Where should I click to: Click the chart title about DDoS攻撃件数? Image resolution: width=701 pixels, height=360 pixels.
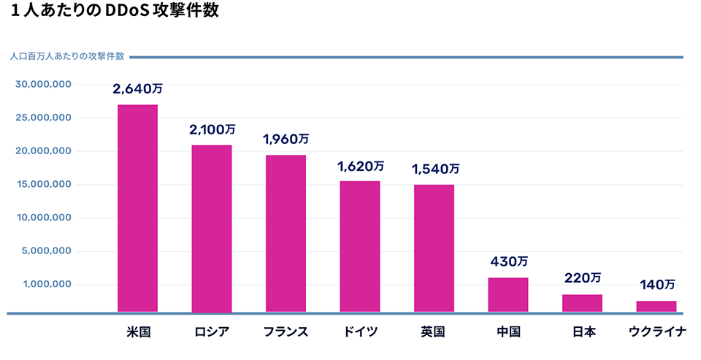point(115,12)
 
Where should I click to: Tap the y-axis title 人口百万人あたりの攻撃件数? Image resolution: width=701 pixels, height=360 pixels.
point(66,57)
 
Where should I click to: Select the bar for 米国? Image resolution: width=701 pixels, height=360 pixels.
point(137,208)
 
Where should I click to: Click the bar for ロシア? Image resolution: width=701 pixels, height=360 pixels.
point(212,229)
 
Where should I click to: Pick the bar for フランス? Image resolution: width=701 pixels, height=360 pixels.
point(286,234)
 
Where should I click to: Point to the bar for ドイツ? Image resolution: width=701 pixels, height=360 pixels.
point(360,247)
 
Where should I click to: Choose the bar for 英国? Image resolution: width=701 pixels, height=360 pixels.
point(434,248)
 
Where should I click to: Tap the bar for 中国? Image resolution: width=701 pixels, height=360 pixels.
point(508,295)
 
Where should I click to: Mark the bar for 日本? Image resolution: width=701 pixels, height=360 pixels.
point(582,303)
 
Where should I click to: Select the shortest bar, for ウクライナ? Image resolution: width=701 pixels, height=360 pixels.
point(656,307)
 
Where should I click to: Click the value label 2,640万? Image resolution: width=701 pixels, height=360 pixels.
point(137,89)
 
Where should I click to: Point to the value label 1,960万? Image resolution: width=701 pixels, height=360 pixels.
point(286,139)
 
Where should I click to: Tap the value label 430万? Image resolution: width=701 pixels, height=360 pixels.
point(508,261)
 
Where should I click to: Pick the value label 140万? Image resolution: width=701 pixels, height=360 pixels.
point(656,284)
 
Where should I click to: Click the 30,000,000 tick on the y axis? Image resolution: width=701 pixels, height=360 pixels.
point(43,85)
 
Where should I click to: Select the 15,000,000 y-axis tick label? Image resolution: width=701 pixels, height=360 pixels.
point(43,184)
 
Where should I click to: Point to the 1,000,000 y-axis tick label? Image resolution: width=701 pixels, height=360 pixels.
point(46,284)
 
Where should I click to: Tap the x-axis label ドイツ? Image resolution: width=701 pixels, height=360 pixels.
point(360,332)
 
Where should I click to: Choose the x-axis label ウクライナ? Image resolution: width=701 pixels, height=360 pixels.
point(657,332)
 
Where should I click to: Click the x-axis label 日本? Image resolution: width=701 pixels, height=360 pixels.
point(582,332)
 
